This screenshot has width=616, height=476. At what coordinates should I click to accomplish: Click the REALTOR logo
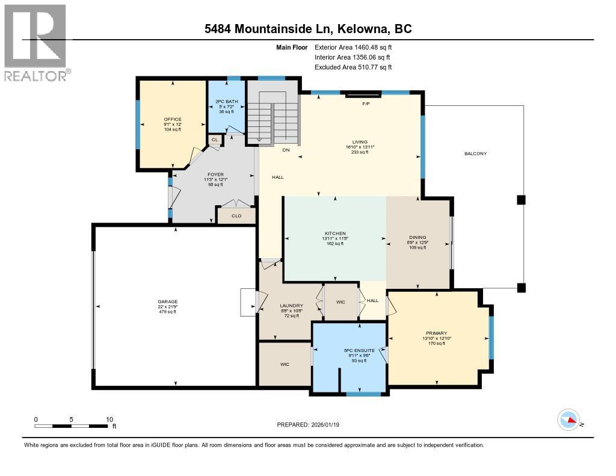pyautogui.click(x=35, y=42)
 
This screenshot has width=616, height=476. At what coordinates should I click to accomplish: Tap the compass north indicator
pyautogui.click(x=568, y=420)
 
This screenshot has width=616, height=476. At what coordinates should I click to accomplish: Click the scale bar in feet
pyautogui.click(x=74, y=425)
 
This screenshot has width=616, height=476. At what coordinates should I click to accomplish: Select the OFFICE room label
pyautogui.click(x=173, y=119)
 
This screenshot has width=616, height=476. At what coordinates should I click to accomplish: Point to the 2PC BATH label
pyautogui.click(x=226, y=102)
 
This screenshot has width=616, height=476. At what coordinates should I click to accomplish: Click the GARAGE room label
pyautogui.click(x=168, y=301)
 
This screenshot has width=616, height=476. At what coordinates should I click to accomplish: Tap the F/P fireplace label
pyautogui.click(x=365, y=104)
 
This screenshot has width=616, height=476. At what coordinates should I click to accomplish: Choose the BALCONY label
pyautogui.click(x=475, y=153)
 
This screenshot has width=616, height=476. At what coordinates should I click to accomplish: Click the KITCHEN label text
pyautogui.click(x=334, y=233)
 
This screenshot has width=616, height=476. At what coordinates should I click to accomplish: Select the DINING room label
pyautogui.click(x=417, y=237)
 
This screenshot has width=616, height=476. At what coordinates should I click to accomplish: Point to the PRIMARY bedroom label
pyautogui.click(x=436, y=333)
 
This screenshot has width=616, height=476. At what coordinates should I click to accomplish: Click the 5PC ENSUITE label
pyautogui.click(x=359, y=350)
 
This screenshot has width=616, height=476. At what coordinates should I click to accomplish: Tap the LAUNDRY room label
pyautogui.click(x=291, y=306)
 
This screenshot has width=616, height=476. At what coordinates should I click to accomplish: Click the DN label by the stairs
pyautogui.click(x=286, y=150)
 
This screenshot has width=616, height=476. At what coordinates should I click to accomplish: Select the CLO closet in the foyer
pyautogui.click(x=236, y=215)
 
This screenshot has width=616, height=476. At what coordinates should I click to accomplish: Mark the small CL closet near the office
pyautogui.click(x=215, y=140)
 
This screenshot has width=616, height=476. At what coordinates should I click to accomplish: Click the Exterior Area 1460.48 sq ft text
pyautogui.click(x=354, y=47)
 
